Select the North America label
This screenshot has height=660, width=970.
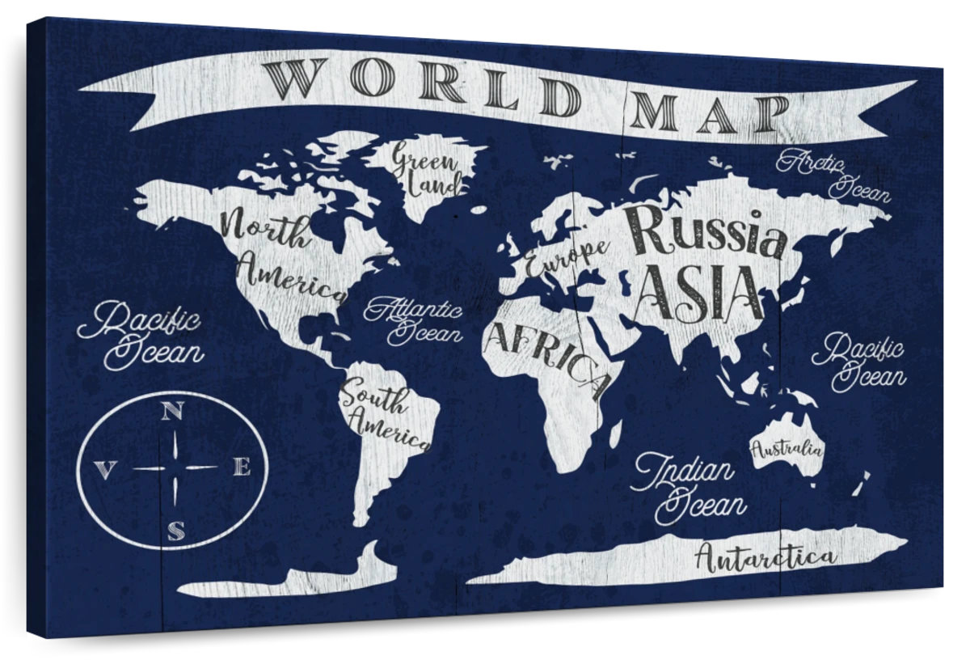point(279,252)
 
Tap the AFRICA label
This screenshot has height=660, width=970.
point(546,358)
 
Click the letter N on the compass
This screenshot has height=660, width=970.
point(171,411)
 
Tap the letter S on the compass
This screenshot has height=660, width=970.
point(175,530)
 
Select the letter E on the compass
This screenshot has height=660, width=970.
point(242,467)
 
